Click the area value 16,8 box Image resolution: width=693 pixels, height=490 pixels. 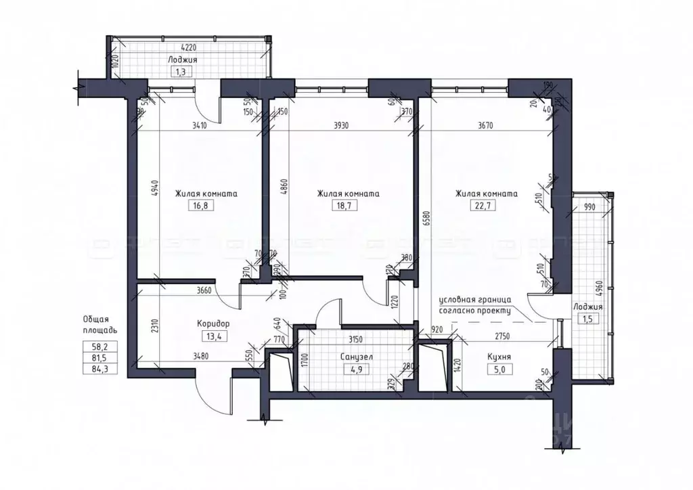click(x=203, y=206)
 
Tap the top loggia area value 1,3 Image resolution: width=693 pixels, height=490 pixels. click(x=179, y=70)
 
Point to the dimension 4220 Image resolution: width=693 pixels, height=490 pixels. click(x=179, y=48)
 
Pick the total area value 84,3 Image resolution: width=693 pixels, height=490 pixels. click(x=99, y=369)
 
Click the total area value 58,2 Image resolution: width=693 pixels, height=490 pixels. click(x=99, y=345)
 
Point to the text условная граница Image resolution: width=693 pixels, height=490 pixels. click(x=474, y=299)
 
